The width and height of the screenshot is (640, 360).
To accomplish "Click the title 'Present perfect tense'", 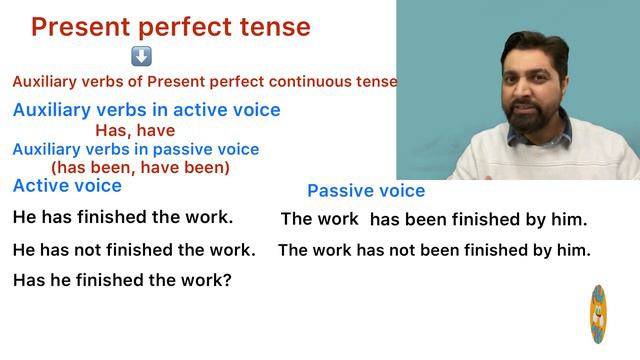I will pyautogui.click(x=170, y=27).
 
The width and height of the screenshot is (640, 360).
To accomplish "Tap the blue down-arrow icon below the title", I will pyautogui.click(x=141, y=57).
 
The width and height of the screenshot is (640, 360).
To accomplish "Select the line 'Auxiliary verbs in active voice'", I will pyautogui.click(x=146, y=110).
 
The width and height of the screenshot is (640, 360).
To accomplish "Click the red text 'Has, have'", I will pyautogui.click(x=135, y=130).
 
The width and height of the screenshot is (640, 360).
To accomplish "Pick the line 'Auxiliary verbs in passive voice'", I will pyautogui.click(x=135, y=149).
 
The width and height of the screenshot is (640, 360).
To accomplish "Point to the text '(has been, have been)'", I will pyautogui.click(x=140, y=168).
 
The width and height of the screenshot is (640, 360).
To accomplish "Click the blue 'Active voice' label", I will pyautogui.click(x=67, y=186).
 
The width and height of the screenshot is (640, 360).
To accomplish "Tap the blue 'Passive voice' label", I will pyautogui.click(x=366, y=191).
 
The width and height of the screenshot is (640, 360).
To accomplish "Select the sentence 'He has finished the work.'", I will pyautogui.click(x=123, y=217).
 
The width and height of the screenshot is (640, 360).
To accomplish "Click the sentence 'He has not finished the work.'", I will pyautogui.click(x=134, y=250).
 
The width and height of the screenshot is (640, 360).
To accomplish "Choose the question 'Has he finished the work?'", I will pyautogui.click(x=122, y=281).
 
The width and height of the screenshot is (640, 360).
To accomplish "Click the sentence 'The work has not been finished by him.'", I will pyautogui.click(x=434, y=250).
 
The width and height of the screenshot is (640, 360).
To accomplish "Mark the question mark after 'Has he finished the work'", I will pyautogui.click(x=227, y=281).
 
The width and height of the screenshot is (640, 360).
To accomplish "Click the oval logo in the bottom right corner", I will pyautogui.click(x=598, y=314).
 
